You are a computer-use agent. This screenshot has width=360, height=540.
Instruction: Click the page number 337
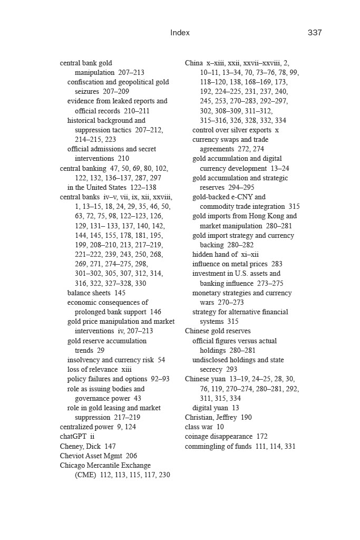[x=315, y=33]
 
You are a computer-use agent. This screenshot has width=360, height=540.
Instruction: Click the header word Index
[x=180, y=33]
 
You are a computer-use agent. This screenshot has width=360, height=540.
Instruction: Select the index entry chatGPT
[x=74, y=437]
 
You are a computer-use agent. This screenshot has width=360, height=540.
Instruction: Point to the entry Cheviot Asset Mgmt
[x=92, y=456]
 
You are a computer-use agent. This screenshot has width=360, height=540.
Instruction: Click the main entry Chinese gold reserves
[x=218, y=331]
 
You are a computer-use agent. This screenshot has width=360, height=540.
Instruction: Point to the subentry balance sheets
[x=89, y=293]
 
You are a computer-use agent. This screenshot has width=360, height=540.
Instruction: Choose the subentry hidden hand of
[x=215, y=254]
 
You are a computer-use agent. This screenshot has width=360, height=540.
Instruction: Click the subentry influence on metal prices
[x=230, y=264]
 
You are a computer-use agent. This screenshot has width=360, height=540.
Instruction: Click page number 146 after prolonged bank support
[x=155, y=312]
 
